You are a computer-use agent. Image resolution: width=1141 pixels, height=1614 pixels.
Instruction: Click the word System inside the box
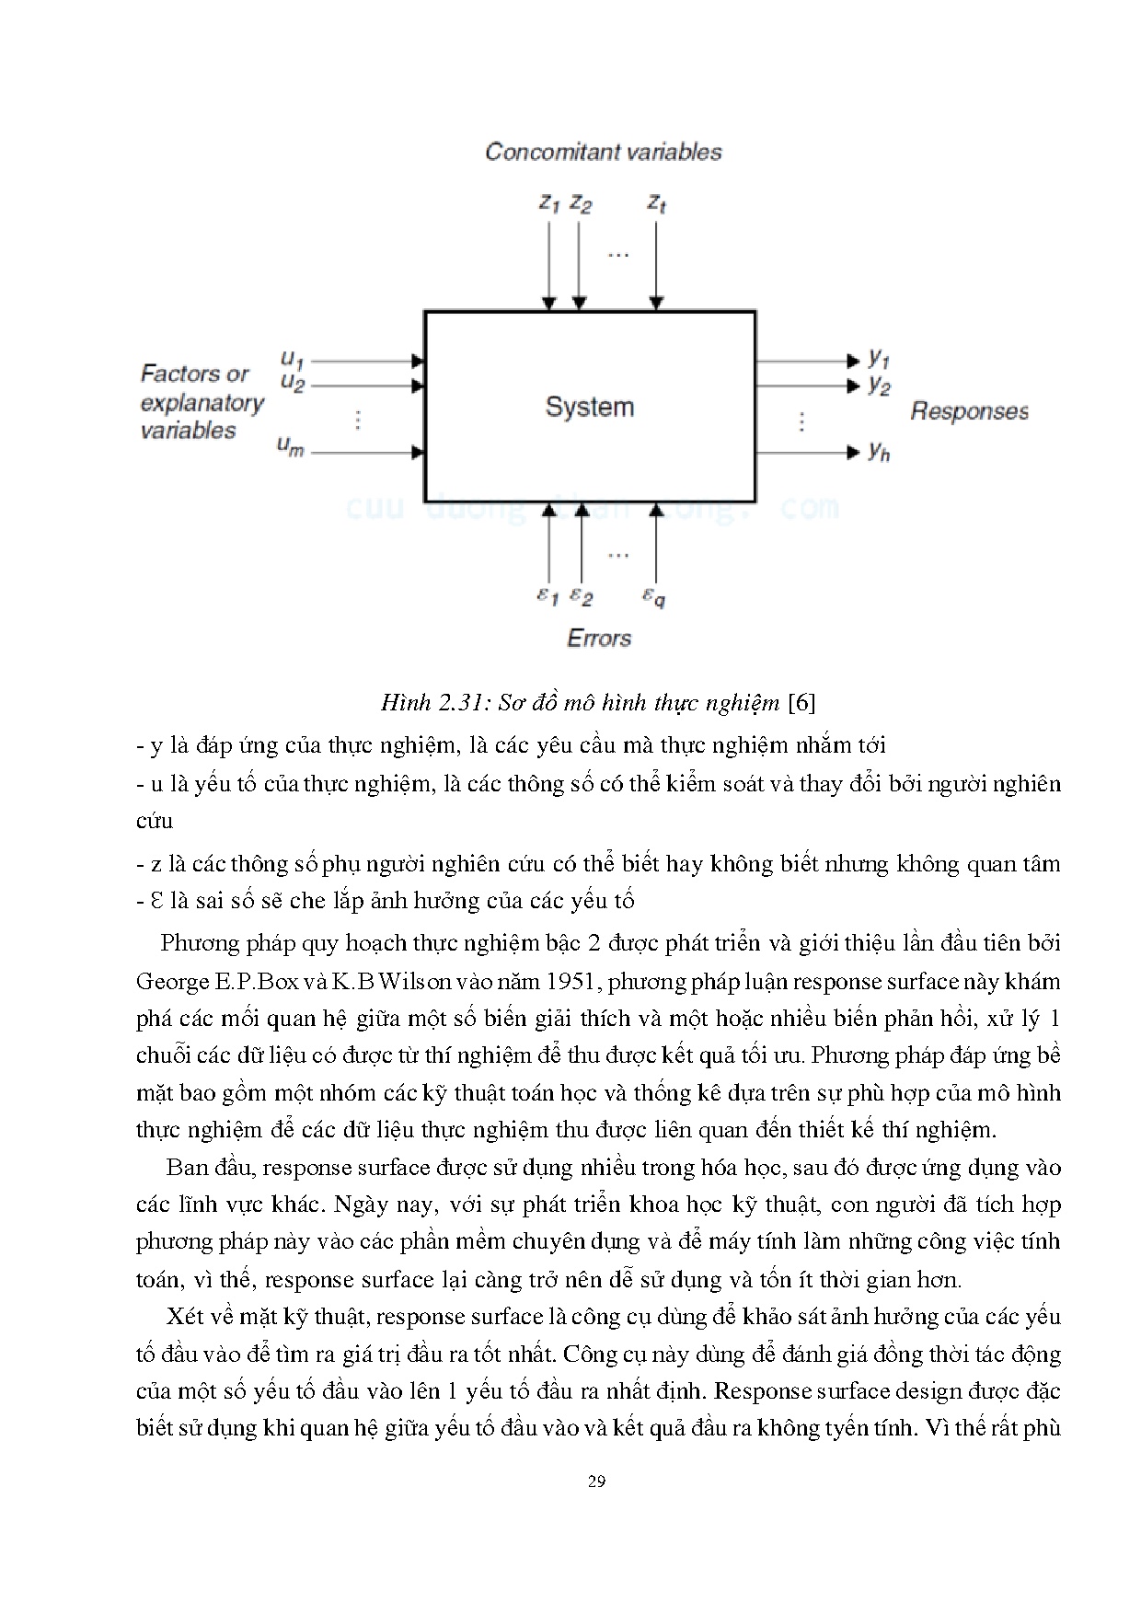coord(589,407)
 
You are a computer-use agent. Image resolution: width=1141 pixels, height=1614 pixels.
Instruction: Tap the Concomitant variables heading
coord(603,152)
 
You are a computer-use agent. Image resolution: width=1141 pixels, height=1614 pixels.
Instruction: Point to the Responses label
coord(969,410)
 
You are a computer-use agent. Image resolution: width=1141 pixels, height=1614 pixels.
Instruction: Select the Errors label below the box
coord(599,638)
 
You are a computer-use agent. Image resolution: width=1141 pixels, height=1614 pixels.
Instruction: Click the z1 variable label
coord(549,203)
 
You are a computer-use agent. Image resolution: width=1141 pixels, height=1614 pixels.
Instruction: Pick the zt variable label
coord(656,203)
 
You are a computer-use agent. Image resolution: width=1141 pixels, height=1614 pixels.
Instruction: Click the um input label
coord(291,448)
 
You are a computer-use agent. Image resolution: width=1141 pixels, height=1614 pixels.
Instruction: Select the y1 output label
coord(879,358)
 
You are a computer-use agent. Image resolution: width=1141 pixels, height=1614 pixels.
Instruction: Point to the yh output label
coord(879,451)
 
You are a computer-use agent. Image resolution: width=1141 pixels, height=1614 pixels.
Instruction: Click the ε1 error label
coord(547,596)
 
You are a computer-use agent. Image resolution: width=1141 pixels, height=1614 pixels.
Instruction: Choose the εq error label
coord(654,597)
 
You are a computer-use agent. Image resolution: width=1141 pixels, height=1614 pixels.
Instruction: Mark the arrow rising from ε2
coord(581,543)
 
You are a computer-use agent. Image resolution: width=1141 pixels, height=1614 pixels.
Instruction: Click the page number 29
coord(596,1481)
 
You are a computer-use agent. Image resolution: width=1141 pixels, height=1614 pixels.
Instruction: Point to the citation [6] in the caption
coord(802,704)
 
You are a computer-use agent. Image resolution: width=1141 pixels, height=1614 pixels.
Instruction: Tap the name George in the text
coord(172,982)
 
